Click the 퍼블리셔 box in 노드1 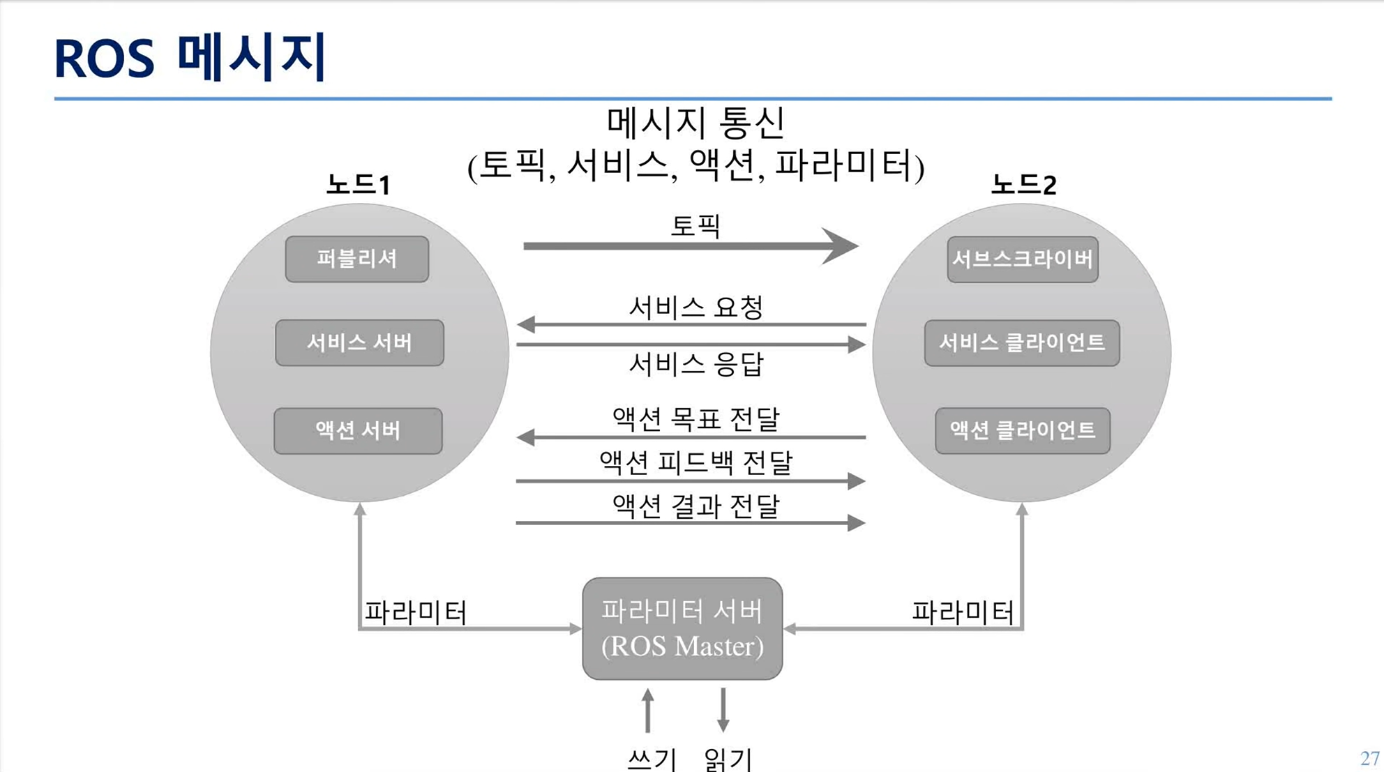pyautogui.click(x=357, y=259)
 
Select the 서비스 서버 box pyautogui.click(x=359, y=342)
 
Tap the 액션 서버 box pyautogui.click(x=358, y=431)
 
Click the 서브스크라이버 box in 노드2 pyautogui.click(x=1023, y=259)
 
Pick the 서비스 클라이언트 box pyautogui.click(x=1022, y=342)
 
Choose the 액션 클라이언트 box pyautogui.click(x=1023, y=431)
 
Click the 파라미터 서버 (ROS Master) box pyautogui.click(x=682, y=628)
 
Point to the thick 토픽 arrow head pyautogui.click(x=841, y=245)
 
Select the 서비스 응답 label pyautogui.click(x=696, y=364)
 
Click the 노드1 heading pyautogui.click(x=359, y=185)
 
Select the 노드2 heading pyautogui.click(x=1023, y=185)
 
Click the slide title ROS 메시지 pyautogui.click(x=190, y=57)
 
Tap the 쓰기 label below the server pyautogui.click(x=652, y=759)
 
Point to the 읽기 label pyautogui.click(x=728, y=759)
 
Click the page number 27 pyautogui.click(x=1369, y=758)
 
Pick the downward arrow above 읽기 pyautogui.click(x=723, y=710)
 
